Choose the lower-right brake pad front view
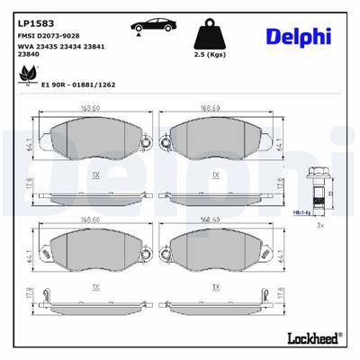tap(213, 255)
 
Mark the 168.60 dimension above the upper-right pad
tap(211, 108)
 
